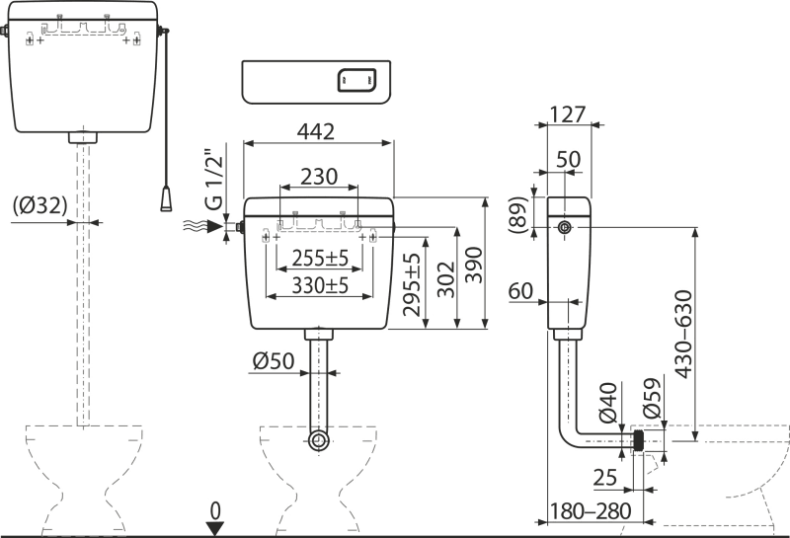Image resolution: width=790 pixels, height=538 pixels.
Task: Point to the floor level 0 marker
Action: (x=214, y=510)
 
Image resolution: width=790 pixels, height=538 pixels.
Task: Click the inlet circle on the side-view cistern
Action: (x=563, y=227)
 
